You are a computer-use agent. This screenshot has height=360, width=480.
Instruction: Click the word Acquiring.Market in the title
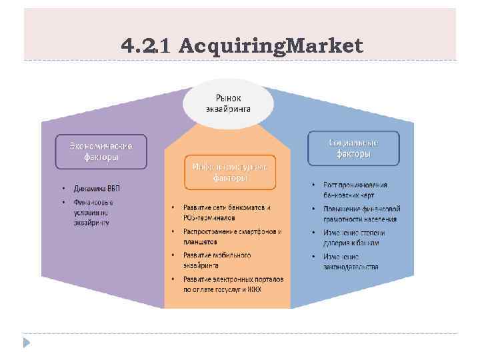(271, 46)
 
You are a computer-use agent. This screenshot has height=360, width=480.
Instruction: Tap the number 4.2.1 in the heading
(147, 46)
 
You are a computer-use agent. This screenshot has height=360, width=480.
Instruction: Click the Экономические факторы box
(101, 151)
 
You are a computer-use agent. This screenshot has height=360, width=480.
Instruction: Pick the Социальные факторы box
(353, 148)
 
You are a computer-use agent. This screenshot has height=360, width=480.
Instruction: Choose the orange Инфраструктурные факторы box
(229, 173)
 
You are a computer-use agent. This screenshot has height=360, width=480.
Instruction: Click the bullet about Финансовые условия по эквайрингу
(93, 212)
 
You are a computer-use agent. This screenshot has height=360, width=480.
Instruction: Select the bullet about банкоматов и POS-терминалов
(227, 212)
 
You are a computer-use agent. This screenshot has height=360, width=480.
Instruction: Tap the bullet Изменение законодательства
(350, 261)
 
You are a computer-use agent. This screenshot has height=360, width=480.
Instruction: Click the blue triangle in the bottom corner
(27, 343)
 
